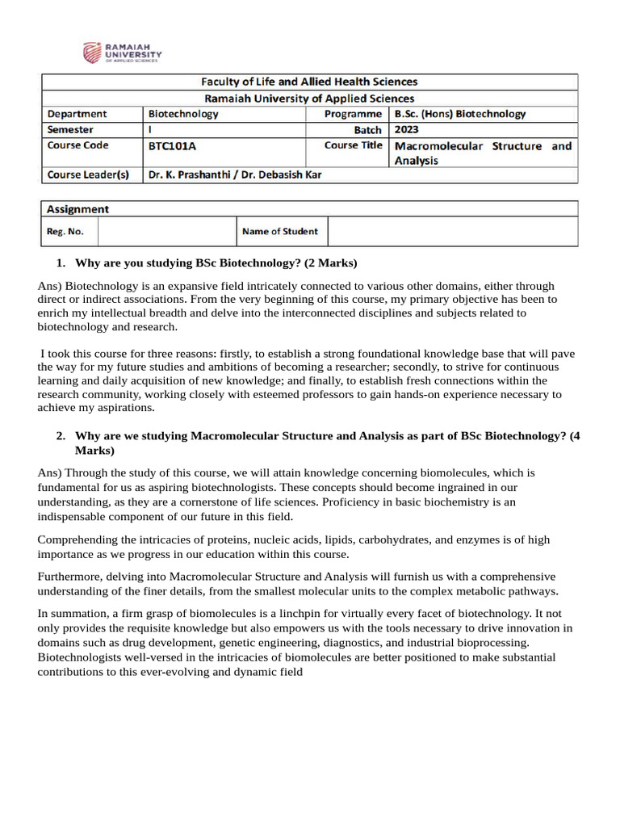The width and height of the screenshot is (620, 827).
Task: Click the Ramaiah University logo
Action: click(x=122, y=53)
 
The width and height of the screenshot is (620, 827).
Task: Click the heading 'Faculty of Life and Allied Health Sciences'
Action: click(x=309, y=82)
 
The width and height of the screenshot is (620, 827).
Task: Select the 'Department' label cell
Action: click(x=77, y=114)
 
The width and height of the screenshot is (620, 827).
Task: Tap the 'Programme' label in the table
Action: click(x=353, y=114)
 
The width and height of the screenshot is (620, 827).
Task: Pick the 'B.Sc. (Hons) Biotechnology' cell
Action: click(x=459, y=114)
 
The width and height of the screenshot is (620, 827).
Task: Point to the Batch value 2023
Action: click(x=407, y=129)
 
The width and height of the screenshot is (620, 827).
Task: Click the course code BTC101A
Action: click(x=173, y=146)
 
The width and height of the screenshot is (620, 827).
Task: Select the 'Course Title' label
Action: click(x=353, y=145)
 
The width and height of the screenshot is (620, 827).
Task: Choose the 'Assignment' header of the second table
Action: click(x=78, y=209)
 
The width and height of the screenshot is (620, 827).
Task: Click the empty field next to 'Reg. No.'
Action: click(x=166, y=232)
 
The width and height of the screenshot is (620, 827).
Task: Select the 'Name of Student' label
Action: click(x=279, y=232)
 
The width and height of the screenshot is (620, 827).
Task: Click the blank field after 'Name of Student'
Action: click(x=452, y=232)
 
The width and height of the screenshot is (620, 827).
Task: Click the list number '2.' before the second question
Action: click(x=61, y=436)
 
